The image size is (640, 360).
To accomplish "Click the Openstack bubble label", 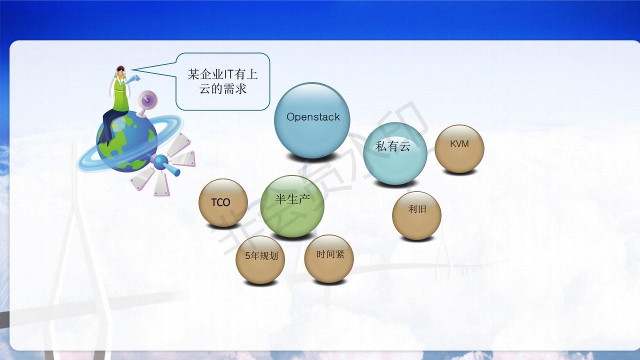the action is (313, 117).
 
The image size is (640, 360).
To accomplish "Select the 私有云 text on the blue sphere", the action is (393, 146).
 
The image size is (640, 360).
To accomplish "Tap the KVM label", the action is (459, 143).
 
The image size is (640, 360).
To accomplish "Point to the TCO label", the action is (220, 202).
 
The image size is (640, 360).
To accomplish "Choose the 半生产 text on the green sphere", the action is (292, 199).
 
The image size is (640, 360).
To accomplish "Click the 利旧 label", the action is (417, 209).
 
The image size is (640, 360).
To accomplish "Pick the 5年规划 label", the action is (261, 255).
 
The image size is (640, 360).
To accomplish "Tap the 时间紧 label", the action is (330, 254).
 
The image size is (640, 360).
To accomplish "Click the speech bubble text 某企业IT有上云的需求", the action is (223, 81).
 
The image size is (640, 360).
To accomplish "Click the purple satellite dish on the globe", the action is (147, 100).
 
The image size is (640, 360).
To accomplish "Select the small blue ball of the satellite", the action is (160, 161).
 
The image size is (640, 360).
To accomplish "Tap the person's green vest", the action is (121, 95).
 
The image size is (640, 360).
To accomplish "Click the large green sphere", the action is (292, 206).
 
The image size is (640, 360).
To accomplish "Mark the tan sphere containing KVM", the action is (459, 149).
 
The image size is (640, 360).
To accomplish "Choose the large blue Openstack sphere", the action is (312, 120).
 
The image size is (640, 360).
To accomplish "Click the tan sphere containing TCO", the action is (223, 203).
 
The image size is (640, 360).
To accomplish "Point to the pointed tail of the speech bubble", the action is (132, 70).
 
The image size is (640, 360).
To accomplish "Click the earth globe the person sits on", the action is (126, 141).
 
